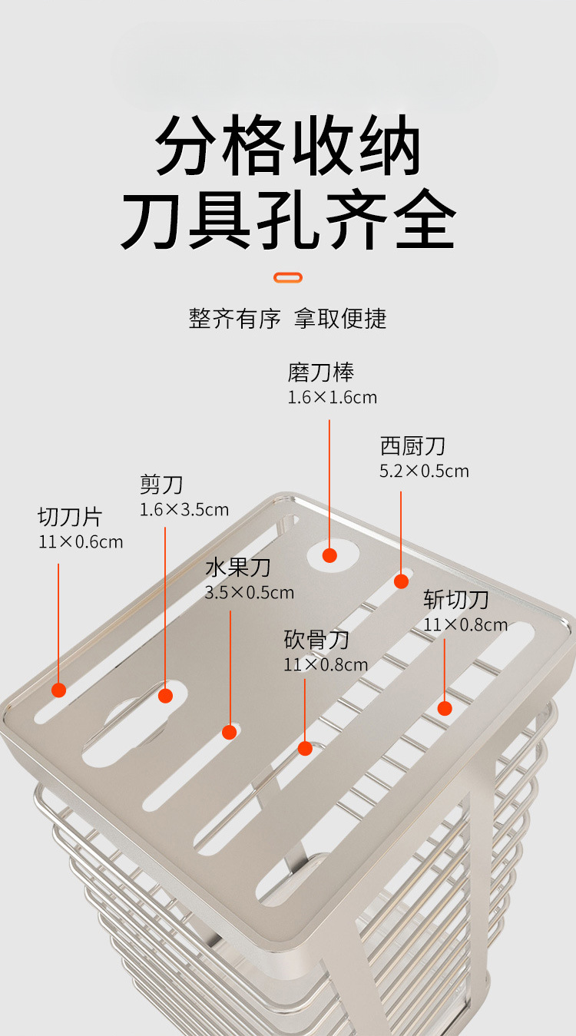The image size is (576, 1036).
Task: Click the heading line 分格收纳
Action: [287, 145]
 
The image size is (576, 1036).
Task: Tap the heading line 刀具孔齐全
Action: [288, 219]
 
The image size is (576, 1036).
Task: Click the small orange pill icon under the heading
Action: [288, 277]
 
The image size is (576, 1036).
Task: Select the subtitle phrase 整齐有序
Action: [234, 318]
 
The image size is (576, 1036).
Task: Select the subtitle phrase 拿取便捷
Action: [340, 318]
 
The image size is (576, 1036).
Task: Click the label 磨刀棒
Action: [320, 372]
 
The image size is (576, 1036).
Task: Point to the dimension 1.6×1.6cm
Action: [333, 398]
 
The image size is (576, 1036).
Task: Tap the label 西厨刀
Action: [412, 446]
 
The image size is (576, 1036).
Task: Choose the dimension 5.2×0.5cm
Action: [424, 472]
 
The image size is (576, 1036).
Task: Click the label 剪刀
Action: [161, 485]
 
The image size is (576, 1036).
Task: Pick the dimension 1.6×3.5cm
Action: [184, 510]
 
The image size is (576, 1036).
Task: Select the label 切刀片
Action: [70, 517]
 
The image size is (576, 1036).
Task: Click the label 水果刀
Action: [238, 568]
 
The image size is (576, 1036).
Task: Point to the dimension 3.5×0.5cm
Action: [250, 592]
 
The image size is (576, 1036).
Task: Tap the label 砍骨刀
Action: [316, 640]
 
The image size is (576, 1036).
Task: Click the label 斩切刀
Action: [456, 600]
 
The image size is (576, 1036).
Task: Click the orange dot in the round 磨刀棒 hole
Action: [329, 555]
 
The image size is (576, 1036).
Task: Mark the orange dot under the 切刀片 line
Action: [59, 690]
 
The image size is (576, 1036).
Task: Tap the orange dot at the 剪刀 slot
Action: [166, 696]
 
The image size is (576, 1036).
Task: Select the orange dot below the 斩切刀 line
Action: [445, 708]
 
